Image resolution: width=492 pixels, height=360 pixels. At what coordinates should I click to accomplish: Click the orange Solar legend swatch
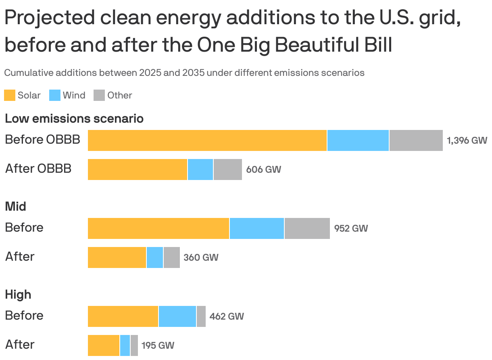click(x=10, y=95)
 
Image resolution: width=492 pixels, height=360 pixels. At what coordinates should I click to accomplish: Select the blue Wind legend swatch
click(x=55, y=95)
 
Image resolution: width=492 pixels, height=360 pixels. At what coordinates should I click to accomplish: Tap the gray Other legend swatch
click(x=99, y=95)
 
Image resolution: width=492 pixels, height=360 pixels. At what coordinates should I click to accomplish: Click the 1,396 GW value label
click(x=467, y=140)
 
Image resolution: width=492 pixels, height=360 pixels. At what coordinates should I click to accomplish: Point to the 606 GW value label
click(x=263, y=170)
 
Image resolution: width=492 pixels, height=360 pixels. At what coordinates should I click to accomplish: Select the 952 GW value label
click(x=351, y=228)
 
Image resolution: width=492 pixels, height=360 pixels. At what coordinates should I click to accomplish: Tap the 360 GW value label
click(x=201, y=257)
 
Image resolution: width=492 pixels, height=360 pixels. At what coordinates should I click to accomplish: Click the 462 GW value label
click(x=227, y=316)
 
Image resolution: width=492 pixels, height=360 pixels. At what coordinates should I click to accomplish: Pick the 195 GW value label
click(x=158, y=345)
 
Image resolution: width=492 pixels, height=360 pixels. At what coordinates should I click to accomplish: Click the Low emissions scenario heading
click(x=74, y=119)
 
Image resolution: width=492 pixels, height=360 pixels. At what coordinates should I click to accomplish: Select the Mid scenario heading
click(x=16, y=207)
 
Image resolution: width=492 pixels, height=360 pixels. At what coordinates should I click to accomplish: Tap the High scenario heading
click(x=18, y=295)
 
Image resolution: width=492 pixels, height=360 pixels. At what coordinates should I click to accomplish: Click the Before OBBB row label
click(x=42, y=140)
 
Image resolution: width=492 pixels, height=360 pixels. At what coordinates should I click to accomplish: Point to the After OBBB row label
click(x=38, y=169)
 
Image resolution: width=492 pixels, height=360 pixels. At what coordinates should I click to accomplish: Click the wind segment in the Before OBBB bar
click(x=358, y=140)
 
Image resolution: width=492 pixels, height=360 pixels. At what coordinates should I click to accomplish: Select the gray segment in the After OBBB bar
click(x=227, y=170)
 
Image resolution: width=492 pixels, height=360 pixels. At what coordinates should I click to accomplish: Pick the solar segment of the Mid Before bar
click(x=158, y=228)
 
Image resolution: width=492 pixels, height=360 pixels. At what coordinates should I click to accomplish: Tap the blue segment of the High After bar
click(x=125, y=345)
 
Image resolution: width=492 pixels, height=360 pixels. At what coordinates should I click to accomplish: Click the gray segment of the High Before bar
click(x=201, y=316)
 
